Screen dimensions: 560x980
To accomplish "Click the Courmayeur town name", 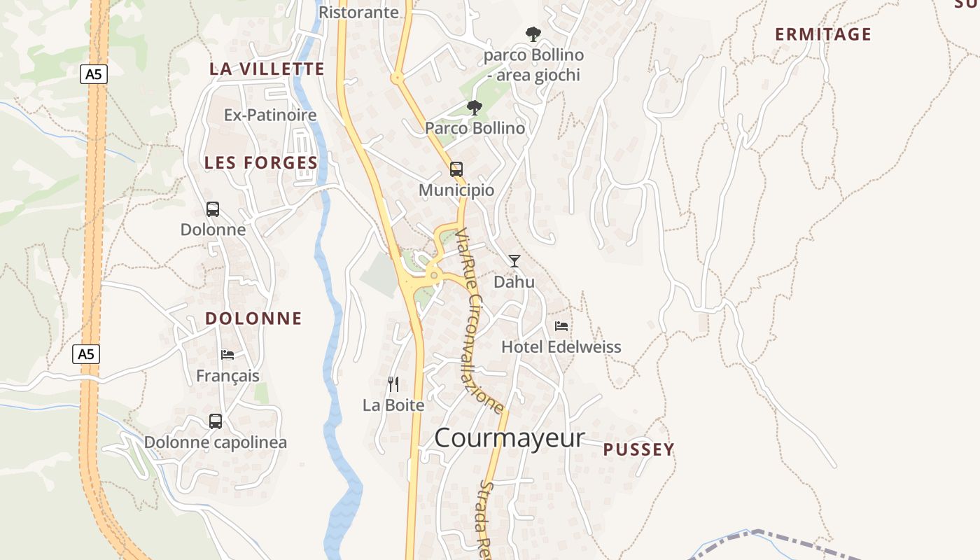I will click(x=509, y=438).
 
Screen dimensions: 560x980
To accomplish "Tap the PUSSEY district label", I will click(x=638, y=449).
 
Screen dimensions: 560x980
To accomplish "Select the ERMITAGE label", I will click(x=822, y=34).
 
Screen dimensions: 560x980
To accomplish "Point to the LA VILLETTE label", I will click(x=267, y=69).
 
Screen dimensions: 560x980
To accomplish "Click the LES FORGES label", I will click(x=261, y=163).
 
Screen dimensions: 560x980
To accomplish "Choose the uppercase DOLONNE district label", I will click(x=253, y=318).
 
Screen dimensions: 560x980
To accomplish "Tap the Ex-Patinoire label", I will click(x=270, y=115).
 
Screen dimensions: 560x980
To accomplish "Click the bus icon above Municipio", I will click(x=456, y=169).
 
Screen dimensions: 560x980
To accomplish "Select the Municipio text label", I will click(x=456, y=190).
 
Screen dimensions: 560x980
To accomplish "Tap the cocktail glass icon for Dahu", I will click(x=514, y=261).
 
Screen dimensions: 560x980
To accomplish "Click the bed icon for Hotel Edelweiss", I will click(x=561, y=326).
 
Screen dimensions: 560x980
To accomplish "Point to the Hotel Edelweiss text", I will click(x=561, y=347).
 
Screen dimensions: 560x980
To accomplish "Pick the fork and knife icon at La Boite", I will click(x=393, y=384).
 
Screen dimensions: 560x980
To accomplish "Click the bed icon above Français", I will click(x=227, y=355).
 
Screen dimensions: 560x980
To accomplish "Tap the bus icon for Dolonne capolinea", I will click(x=216, y=421).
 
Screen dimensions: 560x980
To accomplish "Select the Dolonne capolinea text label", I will click(x=216, y=442).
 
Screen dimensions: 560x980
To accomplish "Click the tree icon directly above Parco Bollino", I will click(x=475, y=108).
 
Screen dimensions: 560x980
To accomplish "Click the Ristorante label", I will click(x=358, y=12).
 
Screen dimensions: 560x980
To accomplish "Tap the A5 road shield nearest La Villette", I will click(x=93, y=74).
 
